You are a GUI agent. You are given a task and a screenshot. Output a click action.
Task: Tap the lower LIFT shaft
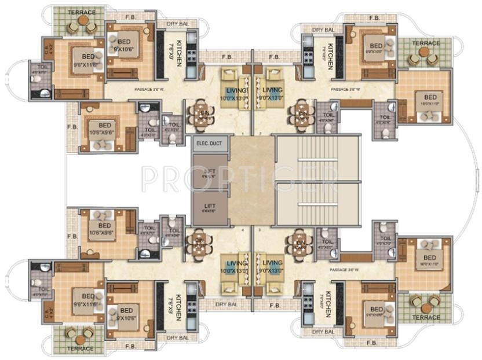209,207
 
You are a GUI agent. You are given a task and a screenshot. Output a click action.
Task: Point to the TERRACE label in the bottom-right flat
426,317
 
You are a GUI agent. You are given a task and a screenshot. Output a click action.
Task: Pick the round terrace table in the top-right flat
425,54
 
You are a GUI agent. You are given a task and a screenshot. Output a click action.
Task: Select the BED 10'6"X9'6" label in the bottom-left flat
105,230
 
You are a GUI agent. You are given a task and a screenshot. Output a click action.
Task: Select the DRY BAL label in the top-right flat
323,30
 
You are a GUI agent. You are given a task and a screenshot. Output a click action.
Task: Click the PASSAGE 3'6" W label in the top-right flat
346,90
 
